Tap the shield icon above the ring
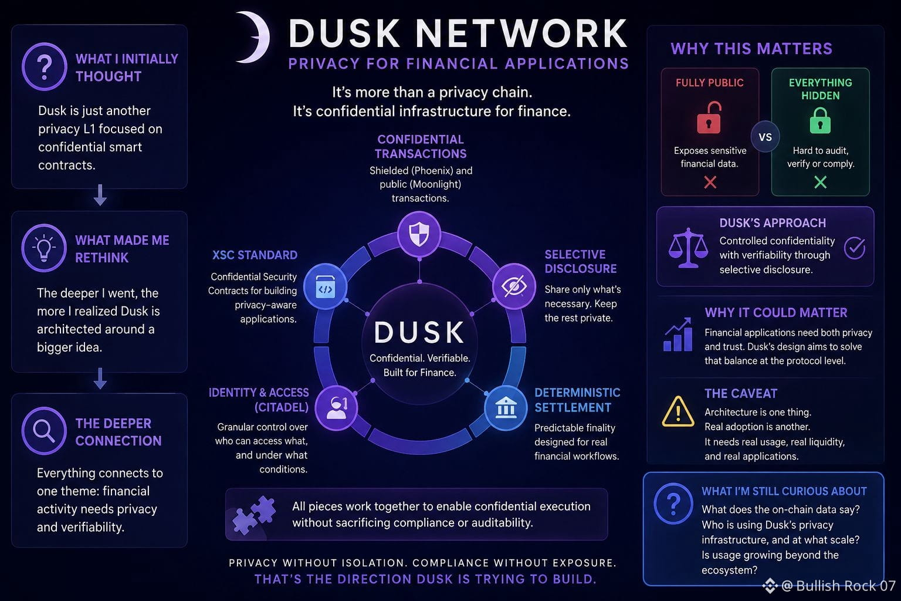[x=419, y=234]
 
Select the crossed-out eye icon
[x=514, y=286]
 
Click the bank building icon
[x=506, y=408]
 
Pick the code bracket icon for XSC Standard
[x=325, y=286]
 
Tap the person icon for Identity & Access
[x=337, y=408]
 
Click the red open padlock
[x=709, y=117]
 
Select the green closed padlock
[x=820, y=120]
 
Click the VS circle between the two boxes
[x=765, y=137]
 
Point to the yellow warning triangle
[x=678, y=411]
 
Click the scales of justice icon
[x=688, y=248]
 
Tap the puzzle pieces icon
[x=254, y=515]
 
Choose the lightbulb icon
[x=44, y=248]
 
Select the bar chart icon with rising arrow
[x=678, y=335]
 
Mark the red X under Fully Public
[x=710, y=183]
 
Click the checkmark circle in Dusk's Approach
[x=854, y=248]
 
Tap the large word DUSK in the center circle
[x=419, y=333]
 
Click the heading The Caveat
[x=741, y=393]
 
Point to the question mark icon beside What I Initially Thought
[x=44, y=66]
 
